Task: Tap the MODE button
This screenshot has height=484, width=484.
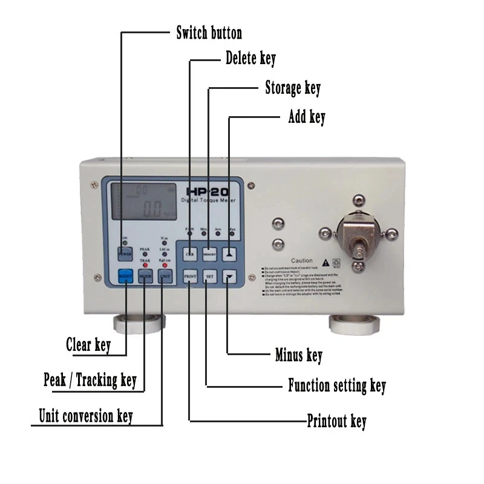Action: coord(145,276)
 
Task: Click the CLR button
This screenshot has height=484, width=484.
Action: coord(190,254)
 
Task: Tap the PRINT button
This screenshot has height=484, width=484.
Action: coord(190,276)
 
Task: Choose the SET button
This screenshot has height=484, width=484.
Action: coord(209,276)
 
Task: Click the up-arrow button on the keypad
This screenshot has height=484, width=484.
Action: coord(229,254)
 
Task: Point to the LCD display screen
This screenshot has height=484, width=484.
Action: coord(144,201)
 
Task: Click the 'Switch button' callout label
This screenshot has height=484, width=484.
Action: coord(209,33)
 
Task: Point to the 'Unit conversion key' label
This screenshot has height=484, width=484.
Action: coord(86,416)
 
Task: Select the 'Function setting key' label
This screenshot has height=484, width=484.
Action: coord(336,385)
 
